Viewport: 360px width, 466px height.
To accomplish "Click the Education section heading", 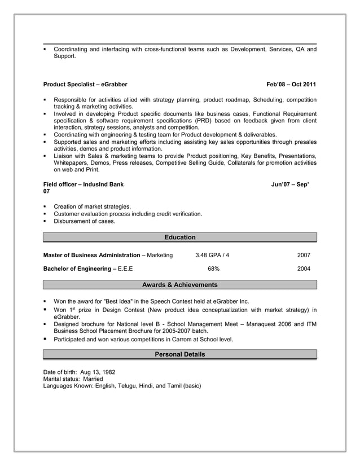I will click(x=179, y=238).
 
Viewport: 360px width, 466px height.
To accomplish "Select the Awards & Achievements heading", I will click(x=179, y=285).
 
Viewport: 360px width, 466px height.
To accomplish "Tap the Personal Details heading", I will click(x=179, y=354).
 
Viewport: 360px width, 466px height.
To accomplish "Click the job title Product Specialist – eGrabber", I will click(x=85, y=85).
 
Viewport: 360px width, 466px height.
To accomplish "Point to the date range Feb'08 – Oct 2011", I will click(x=291, y=85).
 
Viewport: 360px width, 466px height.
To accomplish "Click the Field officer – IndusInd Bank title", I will click(x=83, y=184).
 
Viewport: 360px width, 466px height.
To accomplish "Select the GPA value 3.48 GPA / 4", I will click(x=212, y=256).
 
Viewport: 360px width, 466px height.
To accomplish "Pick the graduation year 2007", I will click(x=304, y=256).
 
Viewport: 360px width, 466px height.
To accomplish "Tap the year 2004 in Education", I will click(x=304, y=269).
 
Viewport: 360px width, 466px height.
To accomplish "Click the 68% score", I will click(x=213, y=269).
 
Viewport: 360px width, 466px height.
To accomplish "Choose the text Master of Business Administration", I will click(x=92, y=256).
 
